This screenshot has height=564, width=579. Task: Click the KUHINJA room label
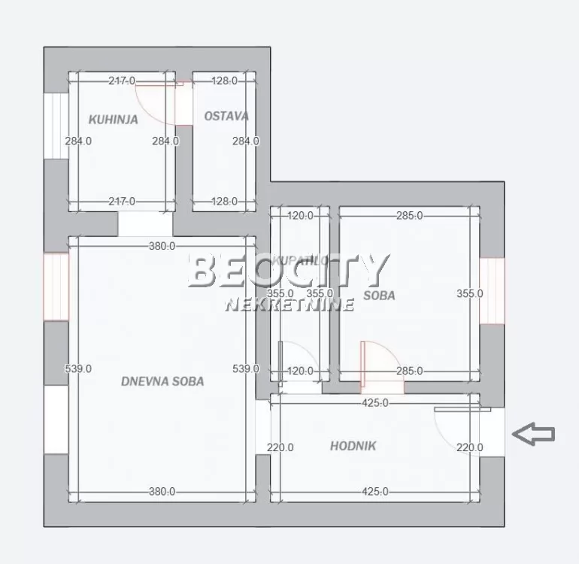(x=113, y=119)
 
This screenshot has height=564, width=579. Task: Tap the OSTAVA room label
(x=226, y=117)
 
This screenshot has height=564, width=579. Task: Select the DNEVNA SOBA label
(x=162, y=381)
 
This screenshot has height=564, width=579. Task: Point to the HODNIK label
(x=353, y=446)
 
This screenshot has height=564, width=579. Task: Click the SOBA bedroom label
(x=379, y=296)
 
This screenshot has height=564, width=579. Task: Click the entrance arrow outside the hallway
(x=533, y=433)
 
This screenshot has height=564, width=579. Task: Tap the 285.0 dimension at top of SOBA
(x=410, y=216)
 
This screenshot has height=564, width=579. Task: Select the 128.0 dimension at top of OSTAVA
(x=224, y=80)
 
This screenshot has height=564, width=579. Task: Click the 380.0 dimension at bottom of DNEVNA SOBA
(x=162, y=492)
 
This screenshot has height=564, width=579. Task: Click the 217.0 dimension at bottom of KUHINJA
(x=121, y=201)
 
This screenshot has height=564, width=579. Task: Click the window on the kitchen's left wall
(x=56, y=126)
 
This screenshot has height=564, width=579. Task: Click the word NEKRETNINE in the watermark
(x=289, y=305)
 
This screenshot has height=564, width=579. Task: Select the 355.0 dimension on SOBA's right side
(x=470, y=294)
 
